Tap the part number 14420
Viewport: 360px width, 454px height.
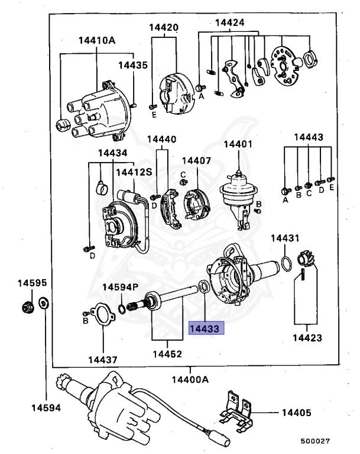tap(163, 27)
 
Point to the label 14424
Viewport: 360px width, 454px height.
tap(229, 23)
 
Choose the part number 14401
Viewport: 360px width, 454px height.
tap(238, 144)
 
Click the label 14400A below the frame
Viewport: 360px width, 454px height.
tap(190, 380)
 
